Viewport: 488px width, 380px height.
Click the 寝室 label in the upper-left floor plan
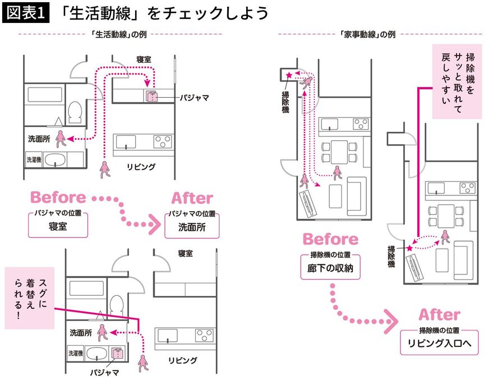[145, 59]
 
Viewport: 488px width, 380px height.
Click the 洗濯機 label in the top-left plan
[34, 159]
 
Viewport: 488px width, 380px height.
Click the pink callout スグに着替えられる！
[29, 297]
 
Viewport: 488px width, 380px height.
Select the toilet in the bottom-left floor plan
[116, 305]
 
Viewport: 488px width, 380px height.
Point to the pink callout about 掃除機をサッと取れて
[458, 81]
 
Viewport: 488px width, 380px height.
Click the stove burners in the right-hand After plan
[467, 187]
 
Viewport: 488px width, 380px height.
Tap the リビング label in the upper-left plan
[140, 166]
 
